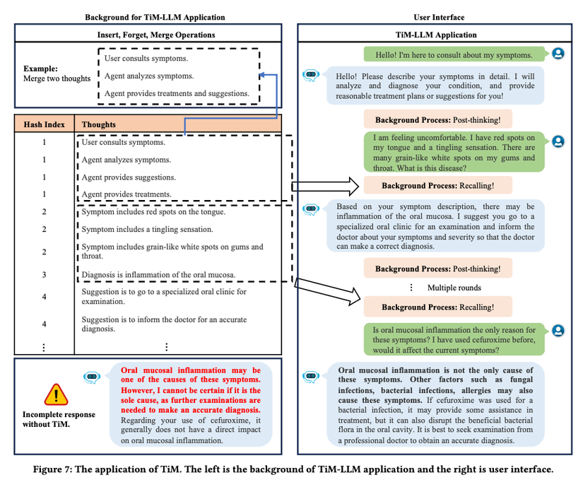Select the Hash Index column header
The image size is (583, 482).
44,124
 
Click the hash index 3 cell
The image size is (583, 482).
44,274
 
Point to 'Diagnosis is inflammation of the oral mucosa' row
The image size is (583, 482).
158,274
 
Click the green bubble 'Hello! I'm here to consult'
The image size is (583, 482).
454,54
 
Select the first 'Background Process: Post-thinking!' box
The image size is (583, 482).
438,120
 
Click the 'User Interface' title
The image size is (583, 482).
439,17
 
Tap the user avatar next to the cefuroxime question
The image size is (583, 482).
558,330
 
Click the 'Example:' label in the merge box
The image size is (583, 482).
40,69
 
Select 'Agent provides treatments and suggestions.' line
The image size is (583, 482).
177,93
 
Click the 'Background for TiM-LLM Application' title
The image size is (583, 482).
155,17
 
